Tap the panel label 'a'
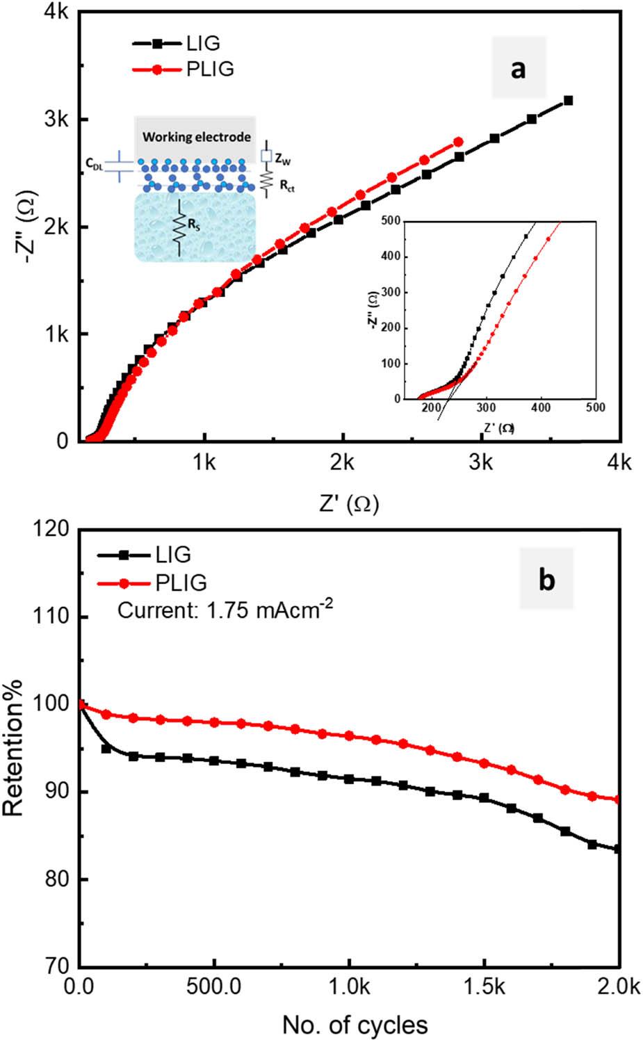(518, 69)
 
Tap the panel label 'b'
(546, 580)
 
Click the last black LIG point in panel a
(568, 101)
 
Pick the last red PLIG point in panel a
(458, 142)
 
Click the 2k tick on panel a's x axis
(342, 462)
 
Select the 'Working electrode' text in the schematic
(197, 137)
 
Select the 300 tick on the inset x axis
(486, 407)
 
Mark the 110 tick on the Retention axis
(56, 617)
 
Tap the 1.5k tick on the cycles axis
(483, 988)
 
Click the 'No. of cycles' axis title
(355, 1024)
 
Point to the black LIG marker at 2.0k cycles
(617, 849)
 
